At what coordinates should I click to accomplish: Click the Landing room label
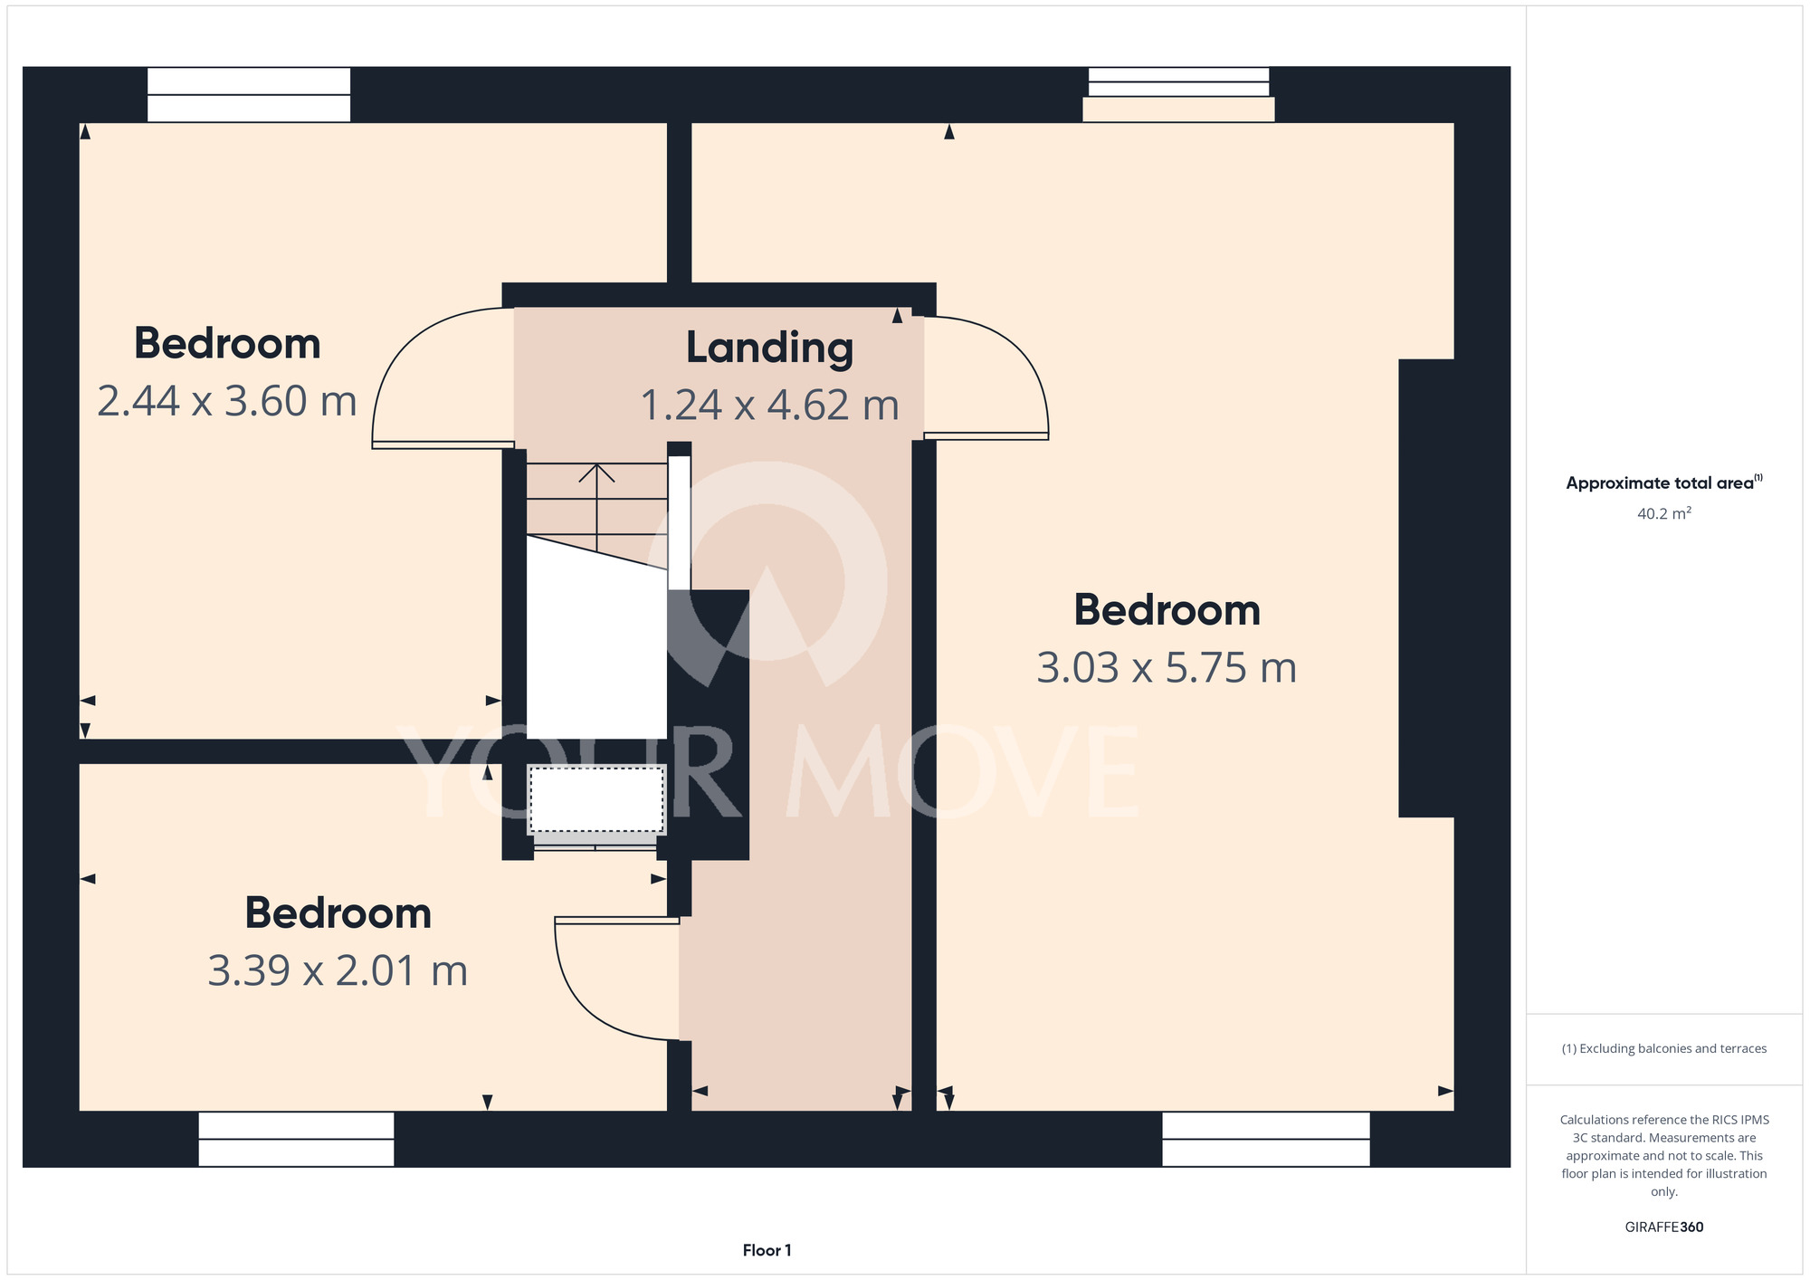pos(769,349)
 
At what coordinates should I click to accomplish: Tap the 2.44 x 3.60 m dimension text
pos(227,401)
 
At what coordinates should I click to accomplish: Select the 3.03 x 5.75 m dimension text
pos(1167,668)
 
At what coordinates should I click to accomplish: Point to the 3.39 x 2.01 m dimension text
pos(338,970)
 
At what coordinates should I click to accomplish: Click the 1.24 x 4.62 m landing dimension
pos(769,405)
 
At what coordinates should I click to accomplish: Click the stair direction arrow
pos(596,507)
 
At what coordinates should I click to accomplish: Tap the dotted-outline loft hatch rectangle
pos(596,800)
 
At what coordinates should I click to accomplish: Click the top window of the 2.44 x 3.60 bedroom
pos(249,94)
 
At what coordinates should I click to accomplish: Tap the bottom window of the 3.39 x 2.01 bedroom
pos(296,1139)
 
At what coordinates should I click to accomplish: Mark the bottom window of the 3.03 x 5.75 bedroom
pos(1265,1139)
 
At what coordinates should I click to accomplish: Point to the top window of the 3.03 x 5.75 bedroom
pos(1178,94)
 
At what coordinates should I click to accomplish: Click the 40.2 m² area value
pos(1663,513)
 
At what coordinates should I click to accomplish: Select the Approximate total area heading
pos(1663,482)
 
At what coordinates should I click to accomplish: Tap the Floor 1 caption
pos(767,1250)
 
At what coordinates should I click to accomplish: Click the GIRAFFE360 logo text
pos(1663,1227)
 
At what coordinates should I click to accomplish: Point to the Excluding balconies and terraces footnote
pos(1663,1048)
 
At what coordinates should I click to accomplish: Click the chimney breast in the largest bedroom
pos(1426,588)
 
